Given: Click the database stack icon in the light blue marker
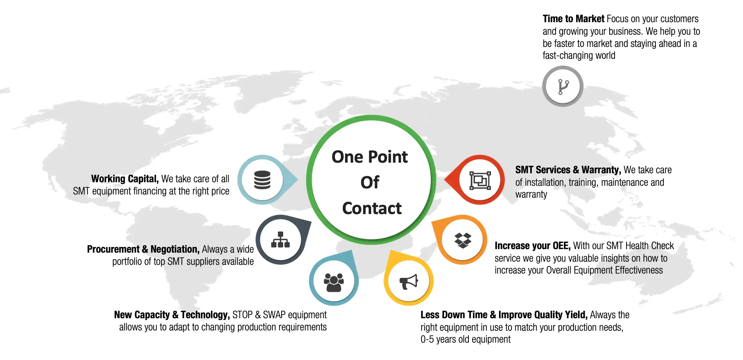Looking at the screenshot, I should click(262, 180).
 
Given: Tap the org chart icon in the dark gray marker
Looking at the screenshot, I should click(280, 240).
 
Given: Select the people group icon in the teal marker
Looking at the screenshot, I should click(334, 282).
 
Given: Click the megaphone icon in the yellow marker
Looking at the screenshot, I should click(409, 282).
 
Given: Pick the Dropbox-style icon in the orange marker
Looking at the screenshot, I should click(463, 240).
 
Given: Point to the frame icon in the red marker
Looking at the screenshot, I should click(480, 180).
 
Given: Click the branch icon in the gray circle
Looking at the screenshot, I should click(563, 86).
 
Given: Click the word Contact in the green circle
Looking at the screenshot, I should click(372, 208).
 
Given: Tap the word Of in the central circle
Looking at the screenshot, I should click(370, 183).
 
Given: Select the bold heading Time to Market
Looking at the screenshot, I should click(573, 19).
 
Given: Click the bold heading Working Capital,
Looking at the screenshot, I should click(125, 179).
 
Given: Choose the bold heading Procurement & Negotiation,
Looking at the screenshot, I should click(143, 249).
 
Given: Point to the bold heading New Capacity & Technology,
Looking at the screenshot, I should click(172, 315).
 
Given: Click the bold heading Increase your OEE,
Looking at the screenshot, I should click(532, 246).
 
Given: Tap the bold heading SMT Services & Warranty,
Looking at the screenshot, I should click(568, 170).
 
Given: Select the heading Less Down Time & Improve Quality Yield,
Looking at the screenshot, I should click(504, 315).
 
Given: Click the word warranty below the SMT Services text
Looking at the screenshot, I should click(531, 194).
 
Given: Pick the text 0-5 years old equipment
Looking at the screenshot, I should click(465, 339).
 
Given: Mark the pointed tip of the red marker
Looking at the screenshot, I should click(445, 180).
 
